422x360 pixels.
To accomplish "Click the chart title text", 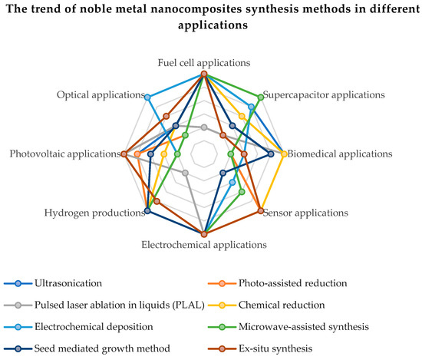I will click(x=211, y=16).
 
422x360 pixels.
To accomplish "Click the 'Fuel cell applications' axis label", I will click(x=203, y=62).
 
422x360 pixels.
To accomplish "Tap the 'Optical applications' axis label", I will click(x=100, y=95).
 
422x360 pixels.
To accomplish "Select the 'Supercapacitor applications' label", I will click(x=323, y=95).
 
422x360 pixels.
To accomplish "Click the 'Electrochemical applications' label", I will click(x=204, y=246).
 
